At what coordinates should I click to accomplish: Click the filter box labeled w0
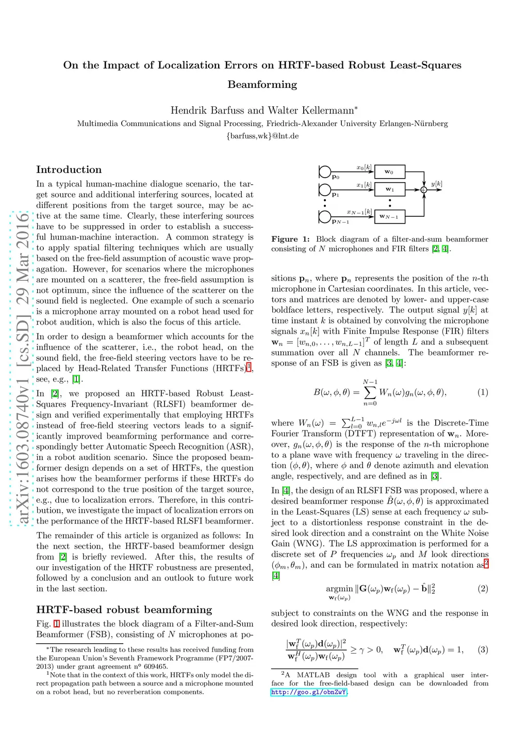[389, 172]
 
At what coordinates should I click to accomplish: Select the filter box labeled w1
[389, 189]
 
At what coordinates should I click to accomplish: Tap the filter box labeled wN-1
[389, 217]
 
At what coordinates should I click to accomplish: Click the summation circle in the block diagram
[424, 190]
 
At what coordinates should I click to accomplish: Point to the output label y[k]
[436, 184]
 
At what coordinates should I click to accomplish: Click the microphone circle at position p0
[325, 171]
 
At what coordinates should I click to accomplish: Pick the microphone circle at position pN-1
[325, 216]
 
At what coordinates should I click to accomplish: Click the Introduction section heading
[69, 170]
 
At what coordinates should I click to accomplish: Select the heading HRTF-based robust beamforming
[124, 610]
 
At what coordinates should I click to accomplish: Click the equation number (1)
[483, 392]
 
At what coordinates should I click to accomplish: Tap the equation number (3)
[483, 649]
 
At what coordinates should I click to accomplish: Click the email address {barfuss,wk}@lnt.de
[262, 136]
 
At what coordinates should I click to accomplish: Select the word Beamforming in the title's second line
[262, 85]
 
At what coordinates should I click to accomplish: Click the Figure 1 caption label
[291, 239]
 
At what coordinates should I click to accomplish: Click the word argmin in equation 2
[339, 588]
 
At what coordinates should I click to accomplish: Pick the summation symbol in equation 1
[370, 393]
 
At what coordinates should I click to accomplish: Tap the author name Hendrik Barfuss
[207, 110]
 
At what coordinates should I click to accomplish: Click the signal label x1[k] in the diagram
[364, 185]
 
